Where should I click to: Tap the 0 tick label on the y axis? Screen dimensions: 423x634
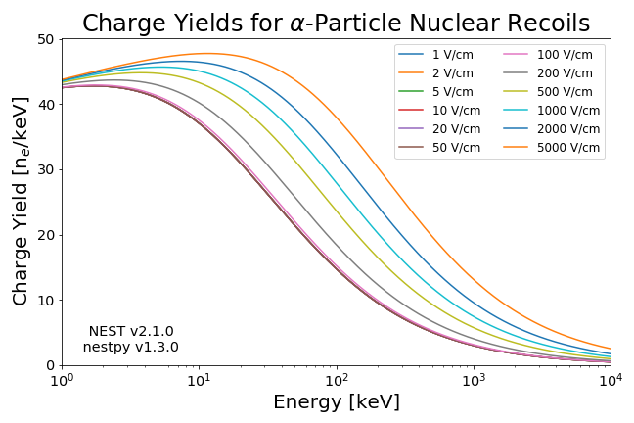click(50, 365)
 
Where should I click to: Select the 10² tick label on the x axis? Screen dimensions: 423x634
click(337, 380)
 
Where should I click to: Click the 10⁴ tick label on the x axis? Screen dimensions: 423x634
click(611, 380)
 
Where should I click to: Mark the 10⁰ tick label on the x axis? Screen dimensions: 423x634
click(62, 380)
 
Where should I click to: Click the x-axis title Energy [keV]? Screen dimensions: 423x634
click(337, 402)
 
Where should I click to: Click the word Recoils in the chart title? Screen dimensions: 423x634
click(537, 23)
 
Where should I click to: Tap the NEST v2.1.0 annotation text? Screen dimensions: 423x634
click(130, 332)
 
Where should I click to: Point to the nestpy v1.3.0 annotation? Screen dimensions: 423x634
click(130, 347)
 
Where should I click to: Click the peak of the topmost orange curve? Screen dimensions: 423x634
click(208, 53)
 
